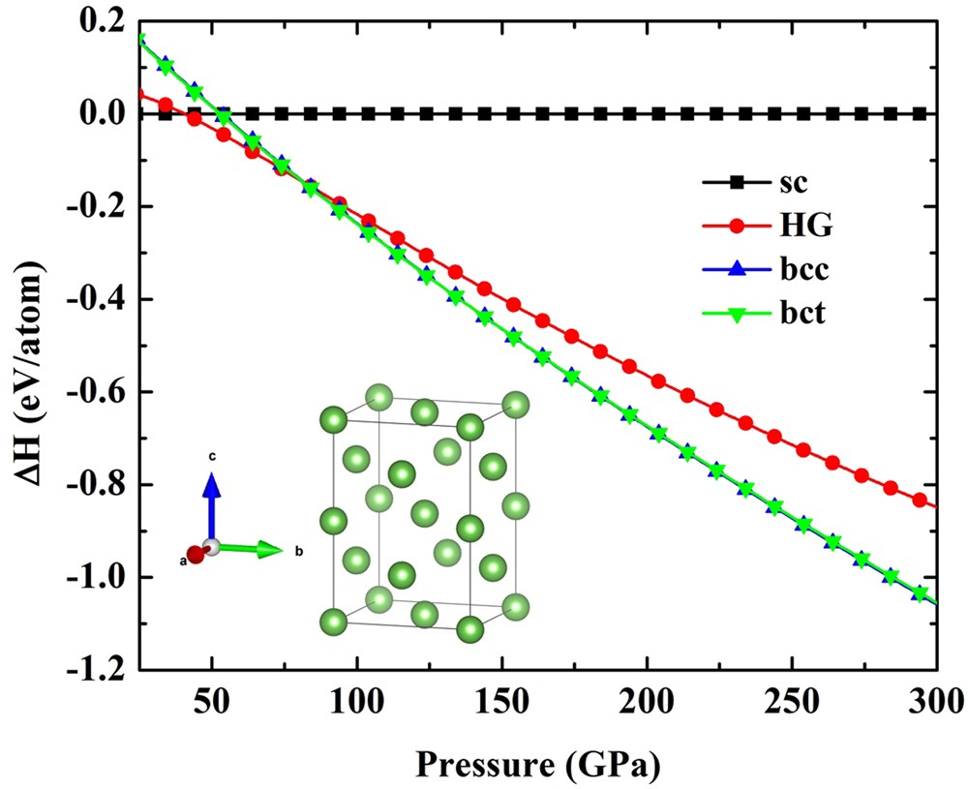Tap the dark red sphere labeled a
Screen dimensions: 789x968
coord(197,555)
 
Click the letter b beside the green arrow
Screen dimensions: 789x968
coord(300,552)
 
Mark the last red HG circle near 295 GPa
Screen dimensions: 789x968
coord(920,500)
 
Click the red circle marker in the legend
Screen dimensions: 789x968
coord(739,227)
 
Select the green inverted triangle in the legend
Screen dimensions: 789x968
coord(739,314)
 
